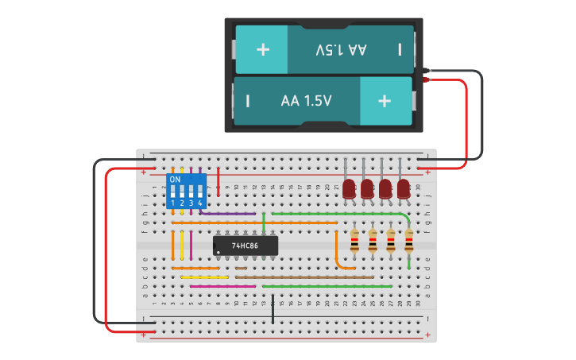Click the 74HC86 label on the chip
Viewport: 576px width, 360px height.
tap(245, 246)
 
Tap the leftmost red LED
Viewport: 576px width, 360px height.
tap(349, 188)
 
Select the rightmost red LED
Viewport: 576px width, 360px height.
tap(404, 188)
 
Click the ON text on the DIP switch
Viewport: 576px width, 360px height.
tap(175, 180)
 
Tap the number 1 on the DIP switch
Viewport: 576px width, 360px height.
tap(172, 203)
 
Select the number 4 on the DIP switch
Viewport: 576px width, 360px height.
tap(199, 203)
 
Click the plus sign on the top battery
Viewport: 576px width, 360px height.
tap(262, 49)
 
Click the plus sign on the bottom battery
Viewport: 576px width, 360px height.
tap(385, 101)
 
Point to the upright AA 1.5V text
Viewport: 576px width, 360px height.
tap(306, 101)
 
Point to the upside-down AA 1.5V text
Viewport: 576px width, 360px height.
tap(341, 49)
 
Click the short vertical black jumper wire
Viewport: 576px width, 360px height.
tap(273, 309)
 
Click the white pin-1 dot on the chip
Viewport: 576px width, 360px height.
tap(218, 252)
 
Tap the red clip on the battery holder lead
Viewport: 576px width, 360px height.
tap(427, 79)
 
